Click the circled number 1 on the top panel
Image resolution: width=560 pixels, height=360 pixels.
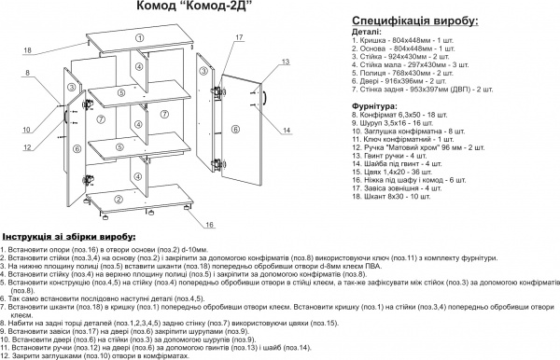click(x=138, y=37)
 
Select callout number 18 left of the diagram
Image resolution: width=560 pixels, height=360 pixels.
click(x=27, y=49)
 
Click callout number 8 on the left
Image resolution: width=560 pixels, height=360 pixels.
click(x=27, y=72)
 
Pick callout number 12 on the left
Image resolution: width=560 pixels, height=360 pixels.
click(x=27, y=147)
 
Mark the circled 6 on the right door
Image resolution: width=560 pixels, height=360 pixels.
click(x=236, y=129)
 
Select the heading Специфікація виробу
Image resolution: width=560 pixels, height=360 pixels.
click(x=415, y=20)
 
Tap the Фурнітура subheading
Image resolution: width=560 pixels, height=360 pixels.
click(x=381, y=106)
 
